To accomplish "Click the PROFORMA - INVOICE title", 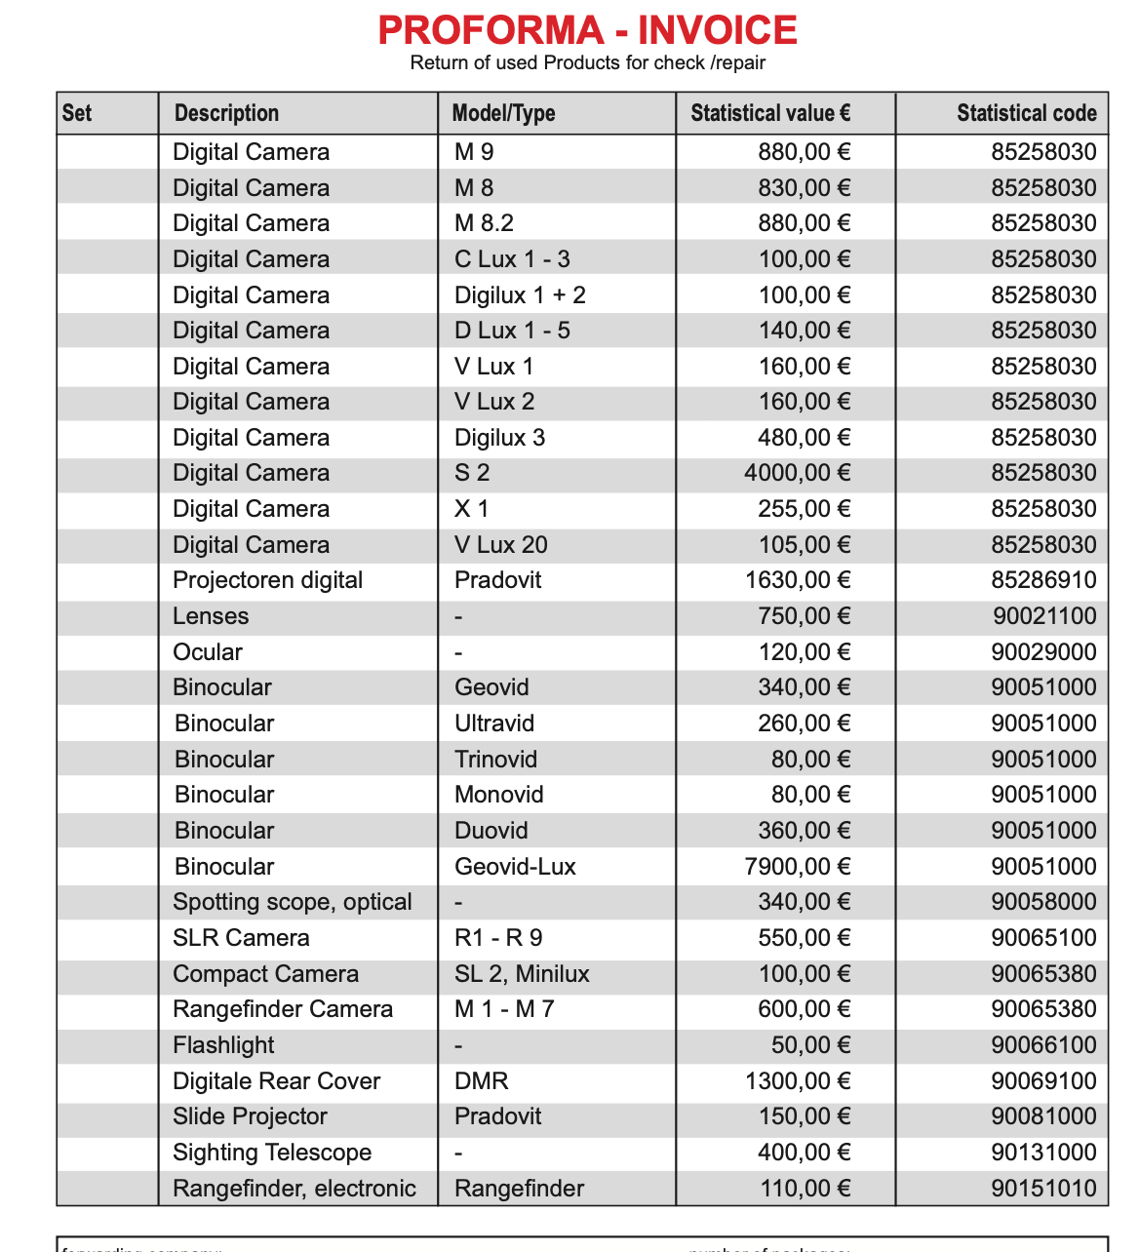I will tap(587, 30).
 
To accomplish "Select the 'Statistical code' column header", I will tap(1026, 113).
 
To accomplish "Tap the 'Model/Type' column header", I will tap(503, 113).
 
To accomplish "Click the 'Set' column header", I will tap(77, 113).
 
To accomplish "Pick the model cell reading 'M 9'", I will tap(474, 152).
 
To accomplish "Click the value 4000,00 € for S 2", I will tap(797, 473).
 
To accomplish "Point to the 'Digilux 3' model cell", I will tap(499, 438).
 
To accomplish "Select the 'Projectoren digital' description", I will tap(267, 580).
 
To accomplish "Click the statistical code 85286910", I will tap(1043, 580).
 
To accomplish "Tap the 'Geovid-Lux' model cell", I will tap(515, 867).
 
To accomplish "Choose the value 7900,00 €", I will tap(797, 867).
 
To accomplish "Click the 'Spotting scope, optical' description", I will tap(292, 902).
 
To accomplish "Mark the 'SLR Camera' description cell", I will tap(241, 938).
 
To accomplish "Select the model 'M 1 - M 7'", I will tap(504, 1009).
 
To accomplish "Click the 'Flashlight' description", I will tap(223, 1045).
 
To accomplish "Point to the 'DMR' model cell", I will tap(481, 1081).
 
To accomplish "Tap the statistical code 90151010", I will tap(1043, 1189).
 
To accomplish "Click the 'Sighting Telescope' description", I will tap(272, 1153).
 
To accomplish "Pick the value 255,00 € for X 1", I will tap(804, 509).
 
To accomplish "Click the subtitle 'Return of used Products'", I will tap(587, 63).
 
